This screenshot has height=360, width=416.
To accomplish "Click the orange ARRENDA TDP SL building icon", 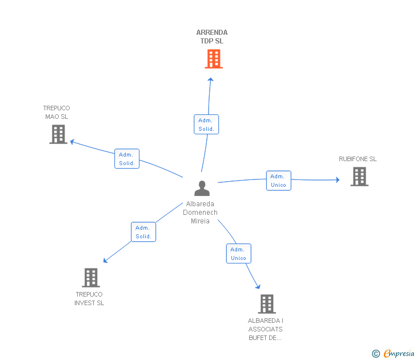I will (x=213, y=59).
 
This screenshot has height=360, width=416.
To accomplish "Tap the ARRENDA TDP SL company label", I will (x=212, y=37).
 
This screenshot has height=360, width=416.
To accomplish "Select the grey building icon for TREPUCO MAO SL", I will (x=58, y=134).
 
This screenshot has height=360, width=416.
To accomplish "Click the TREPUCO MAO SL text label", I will (x=56, y=112).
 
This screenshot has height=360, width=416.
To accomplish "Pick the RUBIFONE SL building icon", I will (x=359, y=177).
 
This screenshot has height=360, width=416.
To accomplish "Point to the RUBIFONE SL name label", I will (x=358, y=159).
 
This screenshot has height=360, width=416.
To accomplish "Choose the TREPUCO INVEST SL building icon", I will (x=91, y=278).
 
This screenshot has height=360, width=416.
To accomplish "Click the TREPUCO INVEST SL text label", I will (x=89, y=299).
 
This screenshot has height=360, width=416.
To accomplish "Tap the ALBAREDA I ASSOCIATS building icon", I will (x=266, y=304).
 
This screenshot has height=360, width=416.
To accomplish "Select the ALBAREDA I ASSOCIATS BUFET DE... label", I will (x=266, y=329).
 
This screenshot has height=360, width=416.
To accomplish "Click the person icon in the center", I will (x=201, y=188).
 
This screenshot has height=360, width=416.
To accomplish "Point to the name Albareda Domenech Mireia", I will (x=200, y=213).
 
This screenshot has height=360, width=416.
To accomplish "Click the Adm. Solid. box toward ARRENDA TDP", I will (x=206, y=125).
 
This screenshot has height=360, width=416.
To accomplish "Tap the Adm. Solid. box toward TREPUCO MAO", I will (x=127, y=159).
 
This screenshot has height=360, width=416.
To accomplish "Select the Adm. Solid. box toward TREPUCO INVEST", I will (x=143, y=232).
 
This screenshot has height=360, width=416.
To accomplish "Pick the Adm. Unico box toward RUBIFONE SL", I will (x=278, y=181).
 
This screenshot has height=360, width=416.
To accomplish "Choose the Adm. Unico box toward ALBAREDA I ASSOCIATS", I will (x=238, y=254).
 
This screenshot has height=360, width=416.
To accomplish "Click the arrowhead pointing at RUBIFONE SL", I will (x=337, y=180).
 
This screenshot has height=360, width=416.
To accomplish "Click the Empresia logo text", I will (x=399, y=354).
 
